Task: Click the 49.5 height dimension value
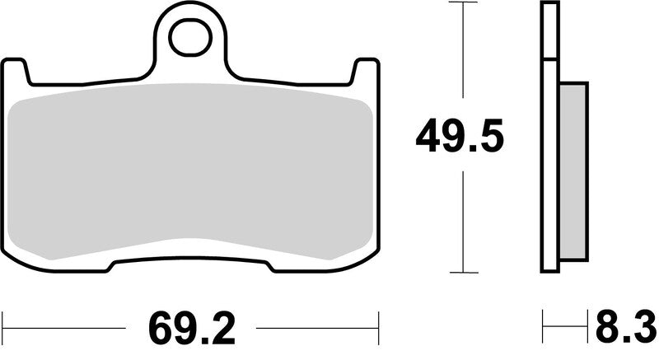pos(459,137)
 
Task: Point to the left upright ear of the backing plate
pos(16,71)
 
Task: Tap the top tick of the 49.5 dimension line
pos(467,4)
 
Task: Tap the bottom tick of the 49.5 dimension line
pos(467,274)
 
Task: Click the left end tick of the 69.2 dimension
pos(4,327)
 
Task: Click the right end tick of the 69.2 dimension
pos(377,327)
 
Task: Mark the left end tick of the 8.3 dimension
pos(543,327)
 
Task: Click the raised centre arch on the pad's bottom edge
pos(191,242)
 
